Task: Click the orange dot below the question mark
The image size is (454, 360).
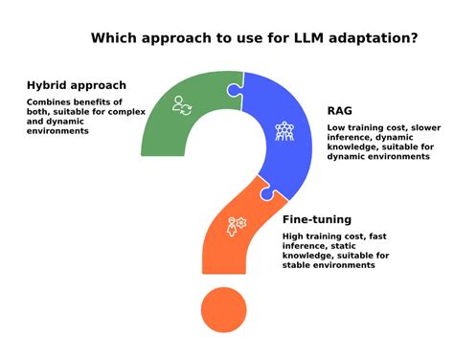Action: coord(224,310)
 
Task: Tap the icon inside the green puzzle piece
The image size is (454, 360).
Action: coord(182,105)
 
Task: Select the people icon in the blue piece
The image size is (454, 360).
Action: coord(284,130)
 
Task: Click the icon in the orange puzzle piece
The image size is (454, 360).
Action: coord(235,226)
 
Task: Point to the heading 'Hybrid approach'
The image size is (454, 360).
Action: coord(77,85)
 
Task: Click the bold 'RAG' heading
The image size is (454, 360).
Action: coord(340,110)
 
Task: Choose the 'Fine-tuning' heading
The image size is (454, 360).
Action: coord(316,219)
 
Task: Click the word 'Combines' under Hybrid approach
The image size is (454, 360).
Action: coord(48,101)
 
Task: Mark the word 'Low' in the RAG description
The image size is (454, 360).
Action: coord(335,126)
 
